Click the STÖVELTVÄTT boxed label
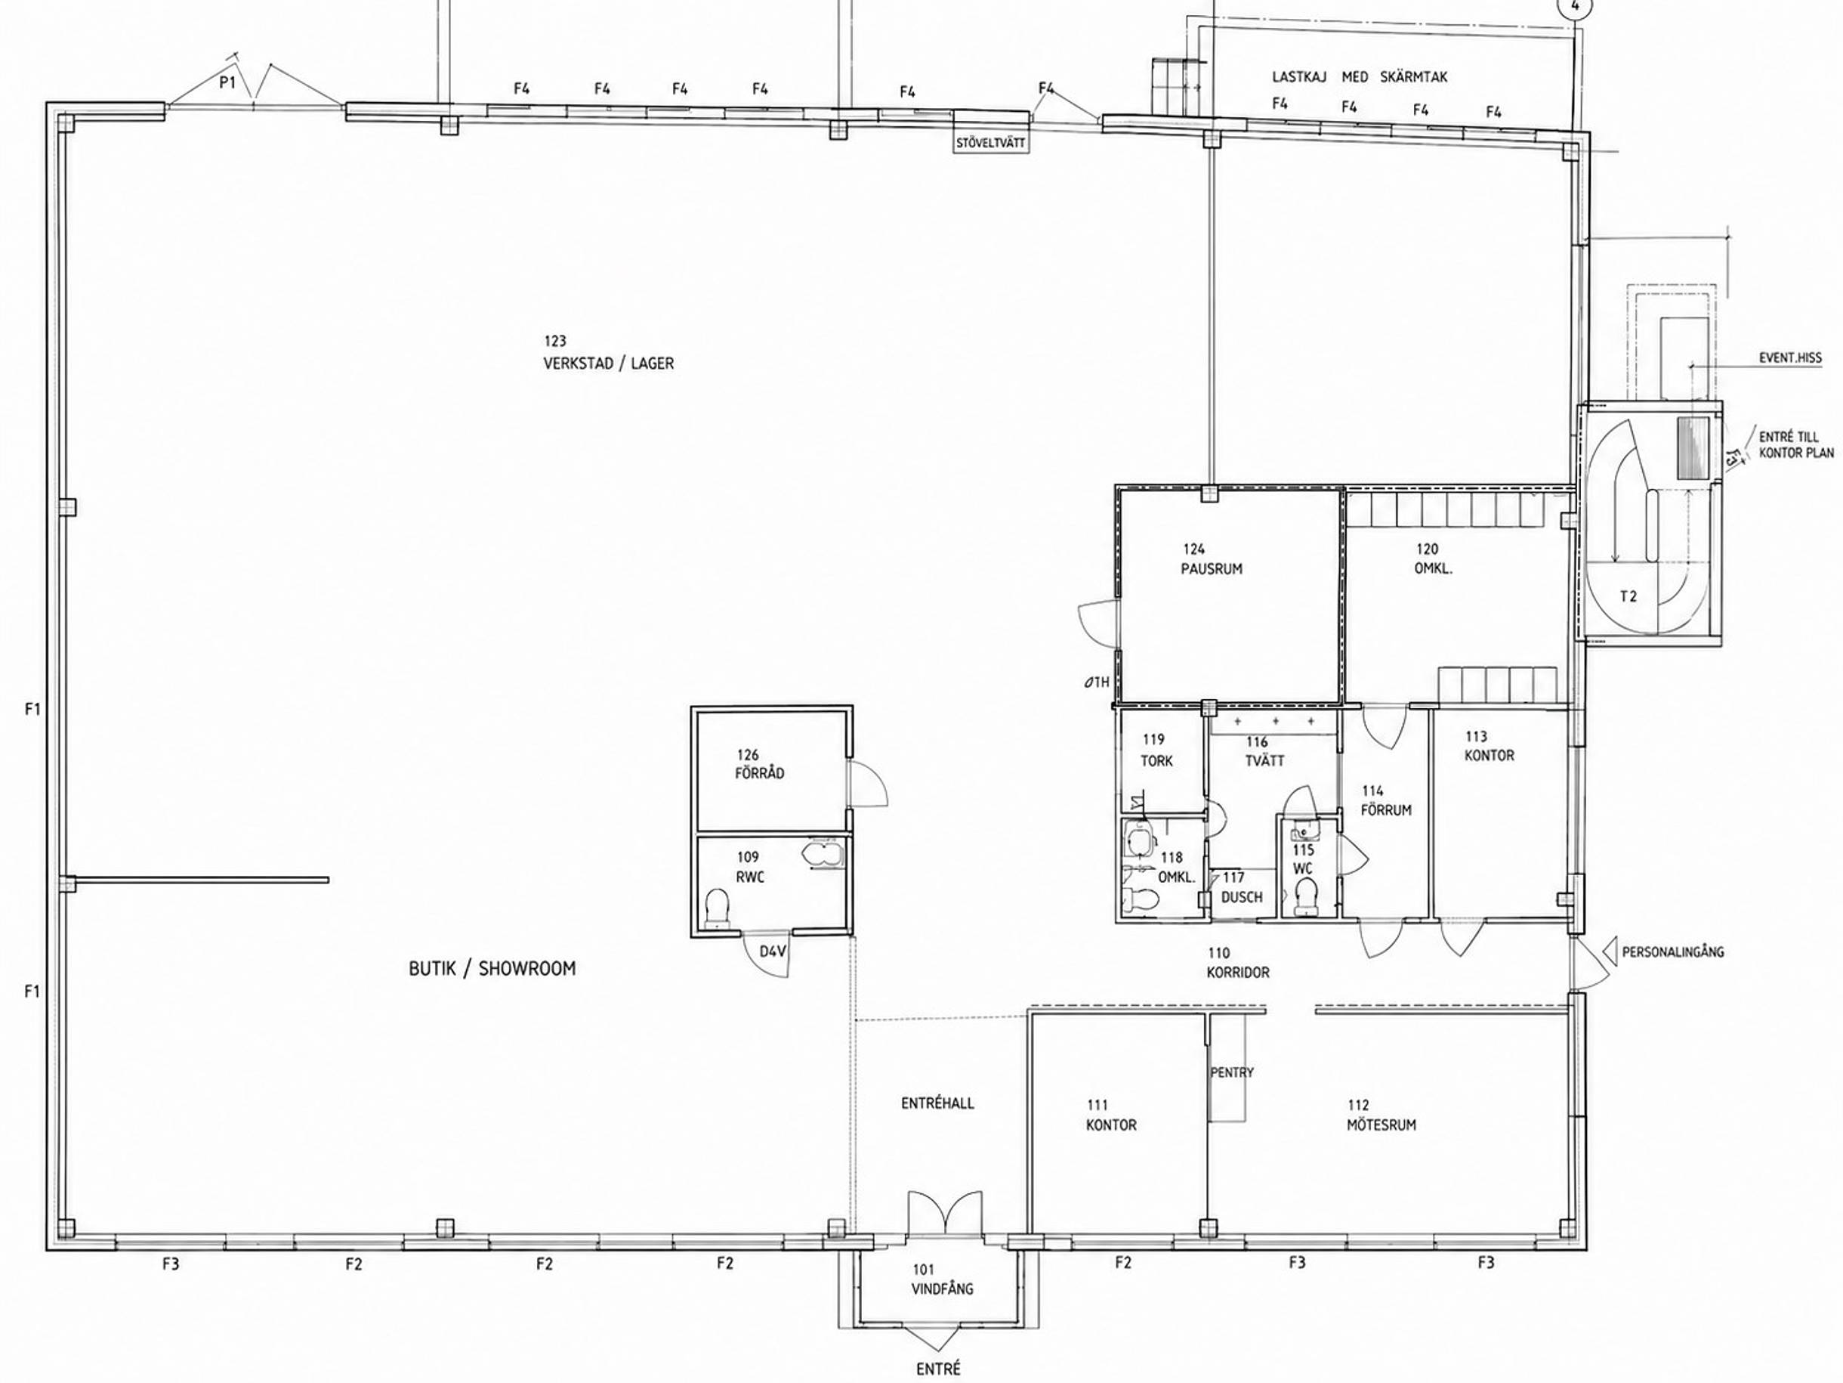[x=991, y=144]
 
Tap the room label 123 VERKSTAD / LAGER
[x=608, y=353]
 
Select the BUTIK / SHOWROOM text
[x=492, y=969]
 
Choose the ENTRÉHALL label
[x=937, y=1103]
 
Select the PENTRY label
[x=1231, y=1073]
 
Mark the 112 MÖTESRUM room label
[x=1381, y=1115]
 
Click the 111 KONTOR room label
[x=1110, y=1115]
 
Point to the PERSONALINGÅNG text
[x=1672, y=952]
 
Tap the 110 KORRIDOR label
[x=1238, y=963]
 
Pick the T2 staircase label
[x=1628, y=597]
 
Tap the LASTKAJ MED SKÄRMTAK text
[x=1359, y=76]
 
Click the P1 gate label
[x=227, y=82]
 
